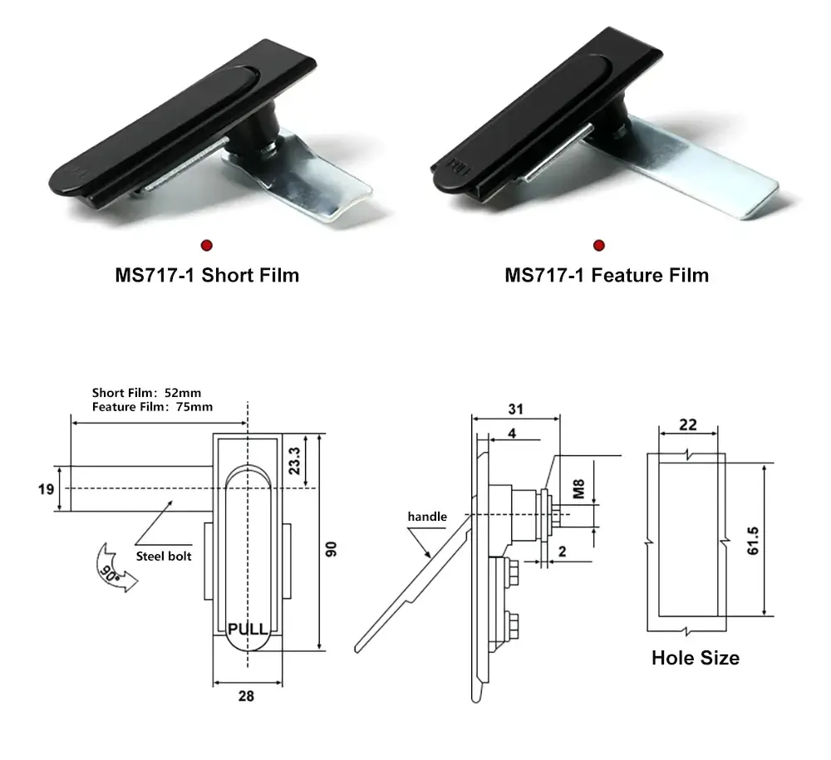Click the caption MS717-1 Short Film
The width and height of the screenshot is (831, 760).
click(x=207, y=275)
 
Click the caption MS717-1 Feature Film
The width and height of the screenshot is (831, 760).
click(x=607, y=275)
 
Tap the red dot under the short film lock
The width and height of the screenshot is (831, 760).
click(x=206, y=244)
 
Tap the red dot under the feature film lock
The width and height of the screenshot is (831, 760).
click(x=598, y=244)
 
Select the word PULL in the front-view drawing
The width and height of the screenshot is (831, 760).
click(x=248, y=630)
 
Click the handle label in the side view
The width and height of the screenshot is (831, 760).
click(x=426, y=517)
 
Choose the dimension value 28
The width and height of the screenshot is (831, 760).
click(x=246, y=697)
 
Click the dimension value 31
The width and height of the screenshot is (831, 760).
click(x=515, y=409)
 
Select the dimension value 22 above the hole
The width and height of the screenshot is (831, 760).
click(x=687, y=424)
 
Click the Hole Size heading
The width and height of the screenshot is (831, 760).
click(x=695, y=658)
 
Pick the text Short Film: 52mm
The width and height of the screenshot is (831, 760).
click(x=146, y=392)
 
